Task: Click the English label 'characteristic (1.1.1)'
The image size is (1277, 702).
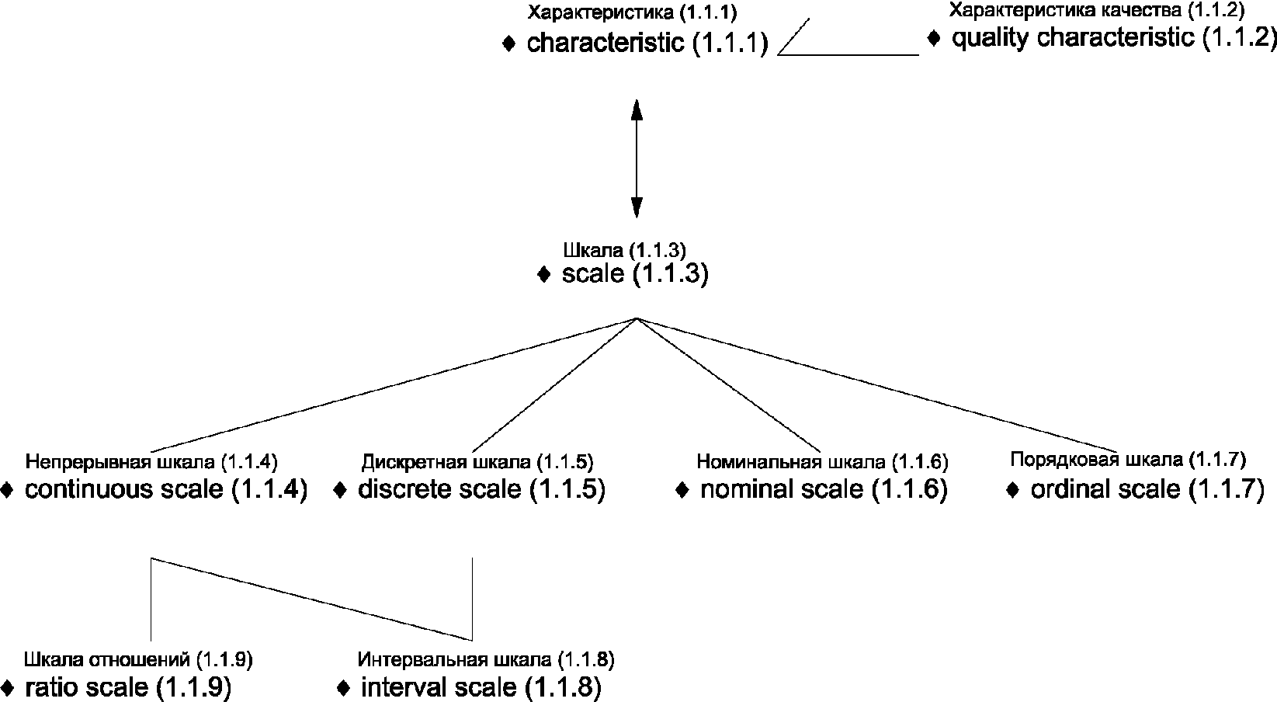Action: pyautogui.click(x=647, y=43)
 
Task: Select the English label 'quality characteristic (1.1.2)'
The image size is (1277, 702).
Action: pyautogui.click(x=1113, y=37)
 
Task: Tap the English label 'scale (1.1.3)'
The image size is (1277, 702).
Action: pyautogui.click(x=634, y=274)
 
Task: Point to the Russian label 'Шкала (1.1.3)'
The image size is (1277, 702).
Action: pyautogui.click(x=623, y=250)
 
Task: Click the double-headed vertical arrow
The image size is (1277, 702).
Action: pyautogui.click(x=637, y=158)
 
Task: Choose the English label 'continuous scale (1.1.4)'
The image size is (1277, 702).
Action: pyautogui.click(x=166, y=489)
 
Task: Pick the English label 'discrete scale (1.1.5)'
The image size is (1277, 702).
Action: pyautogui.click(x=481, y=489)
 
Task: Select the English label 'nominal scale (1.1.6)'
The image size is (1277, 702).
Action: pyautogui.click(x=824, y=489)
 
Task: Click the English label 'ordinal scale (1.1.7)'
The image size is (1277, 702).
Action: pyautogui.click(x=1147, y=489)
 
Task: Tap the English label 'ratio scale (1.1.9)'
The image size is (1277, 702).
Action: pyautogui.click(x=128, y=686)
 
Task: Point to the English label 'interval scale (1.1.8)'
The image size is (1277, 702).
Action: pyautogui.click(x=481, y=686)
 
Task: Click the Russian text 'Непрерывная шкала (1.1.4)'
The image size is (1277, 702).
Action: pyautogui.click(x=151, y=463)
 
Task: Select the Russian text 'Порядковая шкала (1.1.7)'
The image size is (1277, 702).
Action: pyautogui.click(x=1128, y=459)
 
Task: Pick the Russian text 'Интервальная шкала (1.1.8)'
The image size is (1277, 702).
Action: pyautogui.click(x=486, y=660)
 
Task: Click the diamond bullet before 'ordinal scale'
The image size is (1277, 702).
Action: pyautogui.click(x=1012, y=491)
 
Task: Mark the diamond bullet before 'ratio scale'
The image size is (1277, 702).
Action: pyautogui.click(x=8, y=688)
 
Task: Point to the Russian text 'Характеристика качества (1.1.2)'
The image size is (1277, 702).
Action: pyautogui.click(x=1096, y=11)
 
